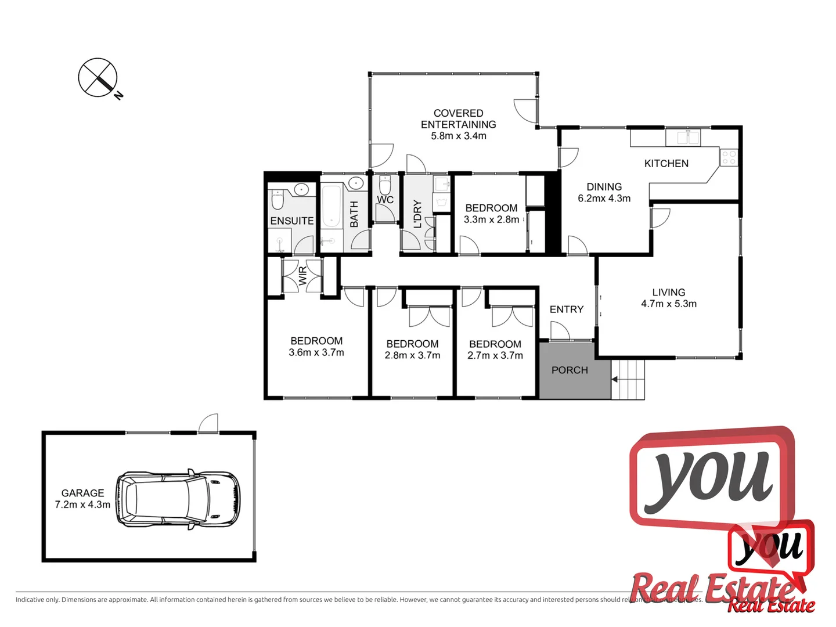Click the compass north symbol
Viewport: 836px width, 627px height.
tap(98, 77)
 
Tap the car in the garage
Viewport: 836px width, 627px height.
tap(178, 499)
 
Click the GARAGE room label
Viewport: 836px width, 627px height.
tap(82, 493)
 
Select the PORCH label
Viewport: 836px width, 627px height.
tap(570, 370)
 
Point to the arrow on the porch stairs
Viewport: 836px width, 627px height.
tap(615, 380)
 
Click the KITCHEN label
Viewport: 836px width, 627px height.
tap(666, 164)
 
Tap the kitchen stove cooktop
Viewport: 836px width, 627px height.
tap(729, 157)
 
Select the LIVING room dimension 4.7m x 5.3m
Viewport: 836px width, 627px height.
tap(669, 304)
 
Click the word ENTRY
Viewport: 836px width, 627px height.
tap(566, 309)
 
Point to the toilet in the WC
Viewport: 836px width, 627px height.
tap(385, 185)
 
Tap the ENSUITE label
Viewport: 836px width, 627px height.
tap(292, 221)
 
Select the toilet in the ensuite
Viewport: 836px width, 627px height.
tap(278, 200)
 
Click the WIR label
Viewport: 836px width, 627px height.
tap(302, 276)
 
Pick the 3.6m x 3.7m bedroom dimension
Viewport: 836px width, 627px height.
tap(316, 352)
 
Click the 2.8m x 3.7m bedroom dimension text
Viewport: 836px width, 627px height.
tap(412, 355)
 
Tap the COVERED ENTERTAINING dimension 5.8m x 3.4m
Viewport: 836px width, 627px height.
tap(459, 136)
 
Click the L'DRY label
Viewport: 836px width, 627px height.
tap(417, 214)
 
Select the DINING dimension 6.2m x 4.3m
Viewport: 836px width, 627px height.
tap(604, 199)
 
